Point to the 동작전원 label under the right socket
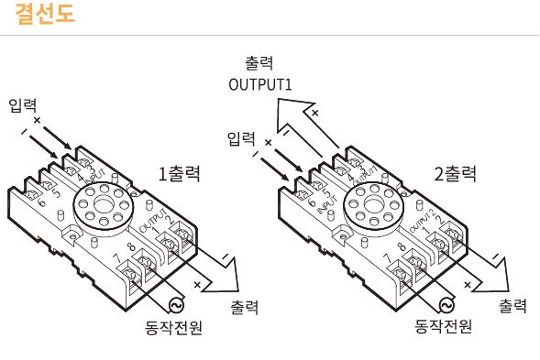coord(443,325)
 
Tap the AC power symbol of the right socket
coord(446,305)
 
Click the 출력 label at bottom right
coord(512,304)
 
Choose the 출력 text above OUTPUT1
coord(259,65)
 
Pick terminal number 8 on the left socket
coord(133,247)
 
